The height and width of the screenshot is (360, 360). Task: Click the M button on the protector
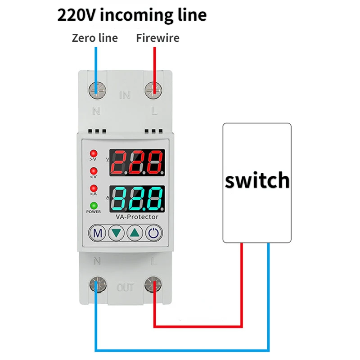click(x=98, y=233)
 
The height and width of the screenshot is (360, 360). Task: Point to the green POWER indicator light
click(x=94, y=205)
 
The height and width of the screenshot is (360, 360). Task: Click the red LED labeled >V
click(x=94, y=153)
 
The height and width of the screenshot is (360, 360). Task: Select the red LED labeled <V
click(x=94, y=171)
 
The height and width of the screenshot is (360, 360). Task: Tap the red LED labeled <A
click(x=94, y=188)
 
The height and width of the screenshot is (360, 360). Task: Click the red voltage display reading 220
click(x=137, y=162)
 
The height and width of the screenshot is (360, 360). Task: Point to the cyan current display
click(x=137, y=198)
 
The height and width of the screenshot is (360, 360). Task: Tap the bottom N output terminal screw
click(x=97, y=284)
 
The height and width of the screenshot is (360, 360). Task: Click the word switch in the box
click(x=257, y=180)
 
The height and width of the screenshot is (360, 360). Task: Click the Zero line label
click(x=95, y=38)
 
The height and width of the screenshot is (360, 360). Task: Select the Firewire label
click(x=157, y=38)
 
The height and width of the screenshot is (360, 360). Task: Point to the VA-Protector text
click(x=136, y=217)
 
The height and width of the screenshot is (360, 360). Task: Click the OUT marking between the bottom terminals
click(x=126, y=287)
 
